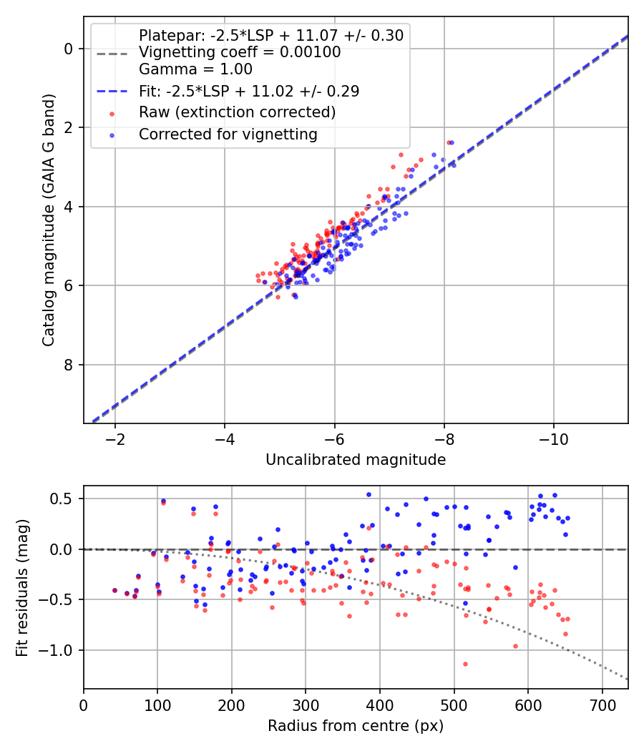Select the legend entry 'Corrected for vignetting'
tap(228, 134)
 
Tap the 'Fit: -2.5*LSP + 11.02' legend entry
tap(249, 92)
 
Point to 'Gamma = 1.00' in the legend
tap(195, 69)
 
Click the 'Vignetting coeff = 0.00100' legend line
tap(240, 52)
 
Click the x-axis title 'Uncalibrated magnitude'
tap(356, 460)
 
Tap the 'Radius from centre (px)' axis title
tap(356, 726)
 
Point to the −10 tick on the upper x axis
tap(554, 438)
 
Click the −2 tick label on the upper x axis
tap(115, 438)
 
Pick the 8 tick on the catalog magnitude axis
tap(69, 365)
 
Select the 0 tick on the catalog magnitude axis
tap(69, 49)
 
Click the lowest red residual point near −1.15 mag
tap(465, 664)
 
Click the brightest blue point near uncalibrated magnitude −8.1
tap(452, 142)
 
